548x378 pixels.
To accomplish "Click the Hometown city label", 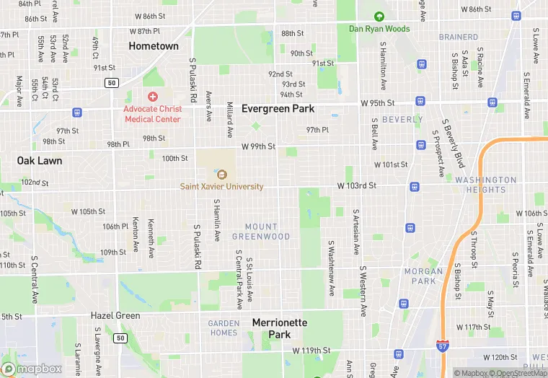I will (153, 46).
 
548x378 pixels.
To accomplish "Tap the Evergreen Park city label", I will (278, 108).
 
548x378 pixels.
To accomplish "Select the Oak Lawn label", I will (40, 160).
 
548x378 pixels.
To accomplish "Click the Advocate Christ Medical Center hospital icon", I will (152, 97).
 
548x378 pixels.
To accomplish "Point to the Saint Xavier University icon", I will (221, 174).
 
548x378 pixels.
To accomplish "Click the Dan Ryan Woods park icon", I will (379, 17).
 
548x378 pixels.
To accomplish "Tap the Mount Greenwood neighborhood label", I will (261, 232).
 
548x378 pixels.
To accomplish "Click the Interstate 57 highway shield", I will (443, 348).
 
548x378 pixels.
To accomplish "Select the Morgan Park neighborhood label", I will (423, 276).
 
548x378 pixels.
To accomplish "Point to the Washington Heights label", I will (486, 185).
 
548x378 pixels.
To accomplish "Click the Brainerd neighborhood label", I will (459, 37).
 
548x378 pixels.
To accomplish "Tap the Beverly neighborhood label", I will (402, 119).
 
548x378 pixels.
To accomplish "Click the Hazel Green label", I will (115, 316).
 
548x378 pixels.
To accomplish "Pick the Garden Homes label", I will (224, 328).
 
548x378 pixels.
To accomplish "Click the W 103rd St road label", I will (357, 186).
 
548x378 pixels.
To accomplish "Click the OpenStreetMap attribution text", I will (517, 373).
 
